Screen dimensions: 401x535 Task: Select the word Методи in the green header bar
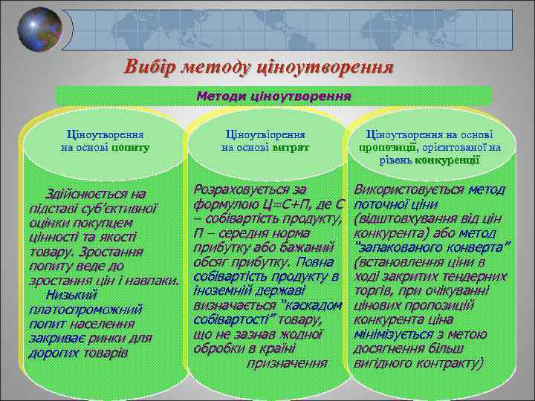tap(220, 96)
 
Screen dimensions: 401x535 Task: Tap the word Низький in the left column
tap(72, 296)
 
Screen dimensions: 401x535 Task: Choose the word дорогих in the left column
tap(53, 353)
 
